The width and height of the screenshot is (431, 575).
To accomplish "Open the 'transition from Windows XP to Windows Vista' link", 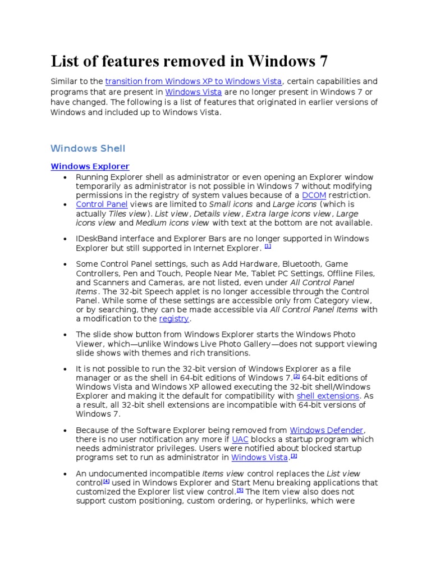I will point(194,81).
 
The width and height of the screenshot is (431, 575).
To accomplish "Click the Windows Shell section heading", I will point(88,148).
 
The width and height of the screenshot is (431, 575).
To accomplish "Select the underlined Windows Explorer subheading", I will point(90,167).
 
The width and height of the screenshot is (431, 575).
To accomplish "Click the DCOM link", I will point(314,195).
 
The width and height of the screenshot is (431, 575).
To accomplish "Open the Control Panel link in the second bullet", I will point(102,204).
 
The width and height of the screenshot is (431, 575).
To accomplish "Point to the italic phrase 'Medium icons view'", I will point(173,223).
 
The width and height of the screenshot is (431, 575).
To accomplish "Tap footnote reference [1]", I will point(268,247).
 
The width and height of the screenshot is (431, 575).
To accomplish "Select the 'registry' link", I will point(174,319).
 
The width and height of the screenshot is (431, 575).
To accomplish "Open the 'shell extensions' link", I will point(327,396).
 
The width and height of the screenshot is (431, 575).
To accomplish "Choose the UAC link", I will point(240,439).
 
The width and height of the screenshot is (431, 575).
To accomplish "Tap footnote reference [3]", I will point(294,456).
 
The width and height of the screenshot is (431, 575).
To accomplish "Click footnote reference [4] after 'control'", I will point(106,481).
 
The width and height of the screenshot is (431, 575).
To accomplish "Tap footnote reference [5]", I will point(240,490).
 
